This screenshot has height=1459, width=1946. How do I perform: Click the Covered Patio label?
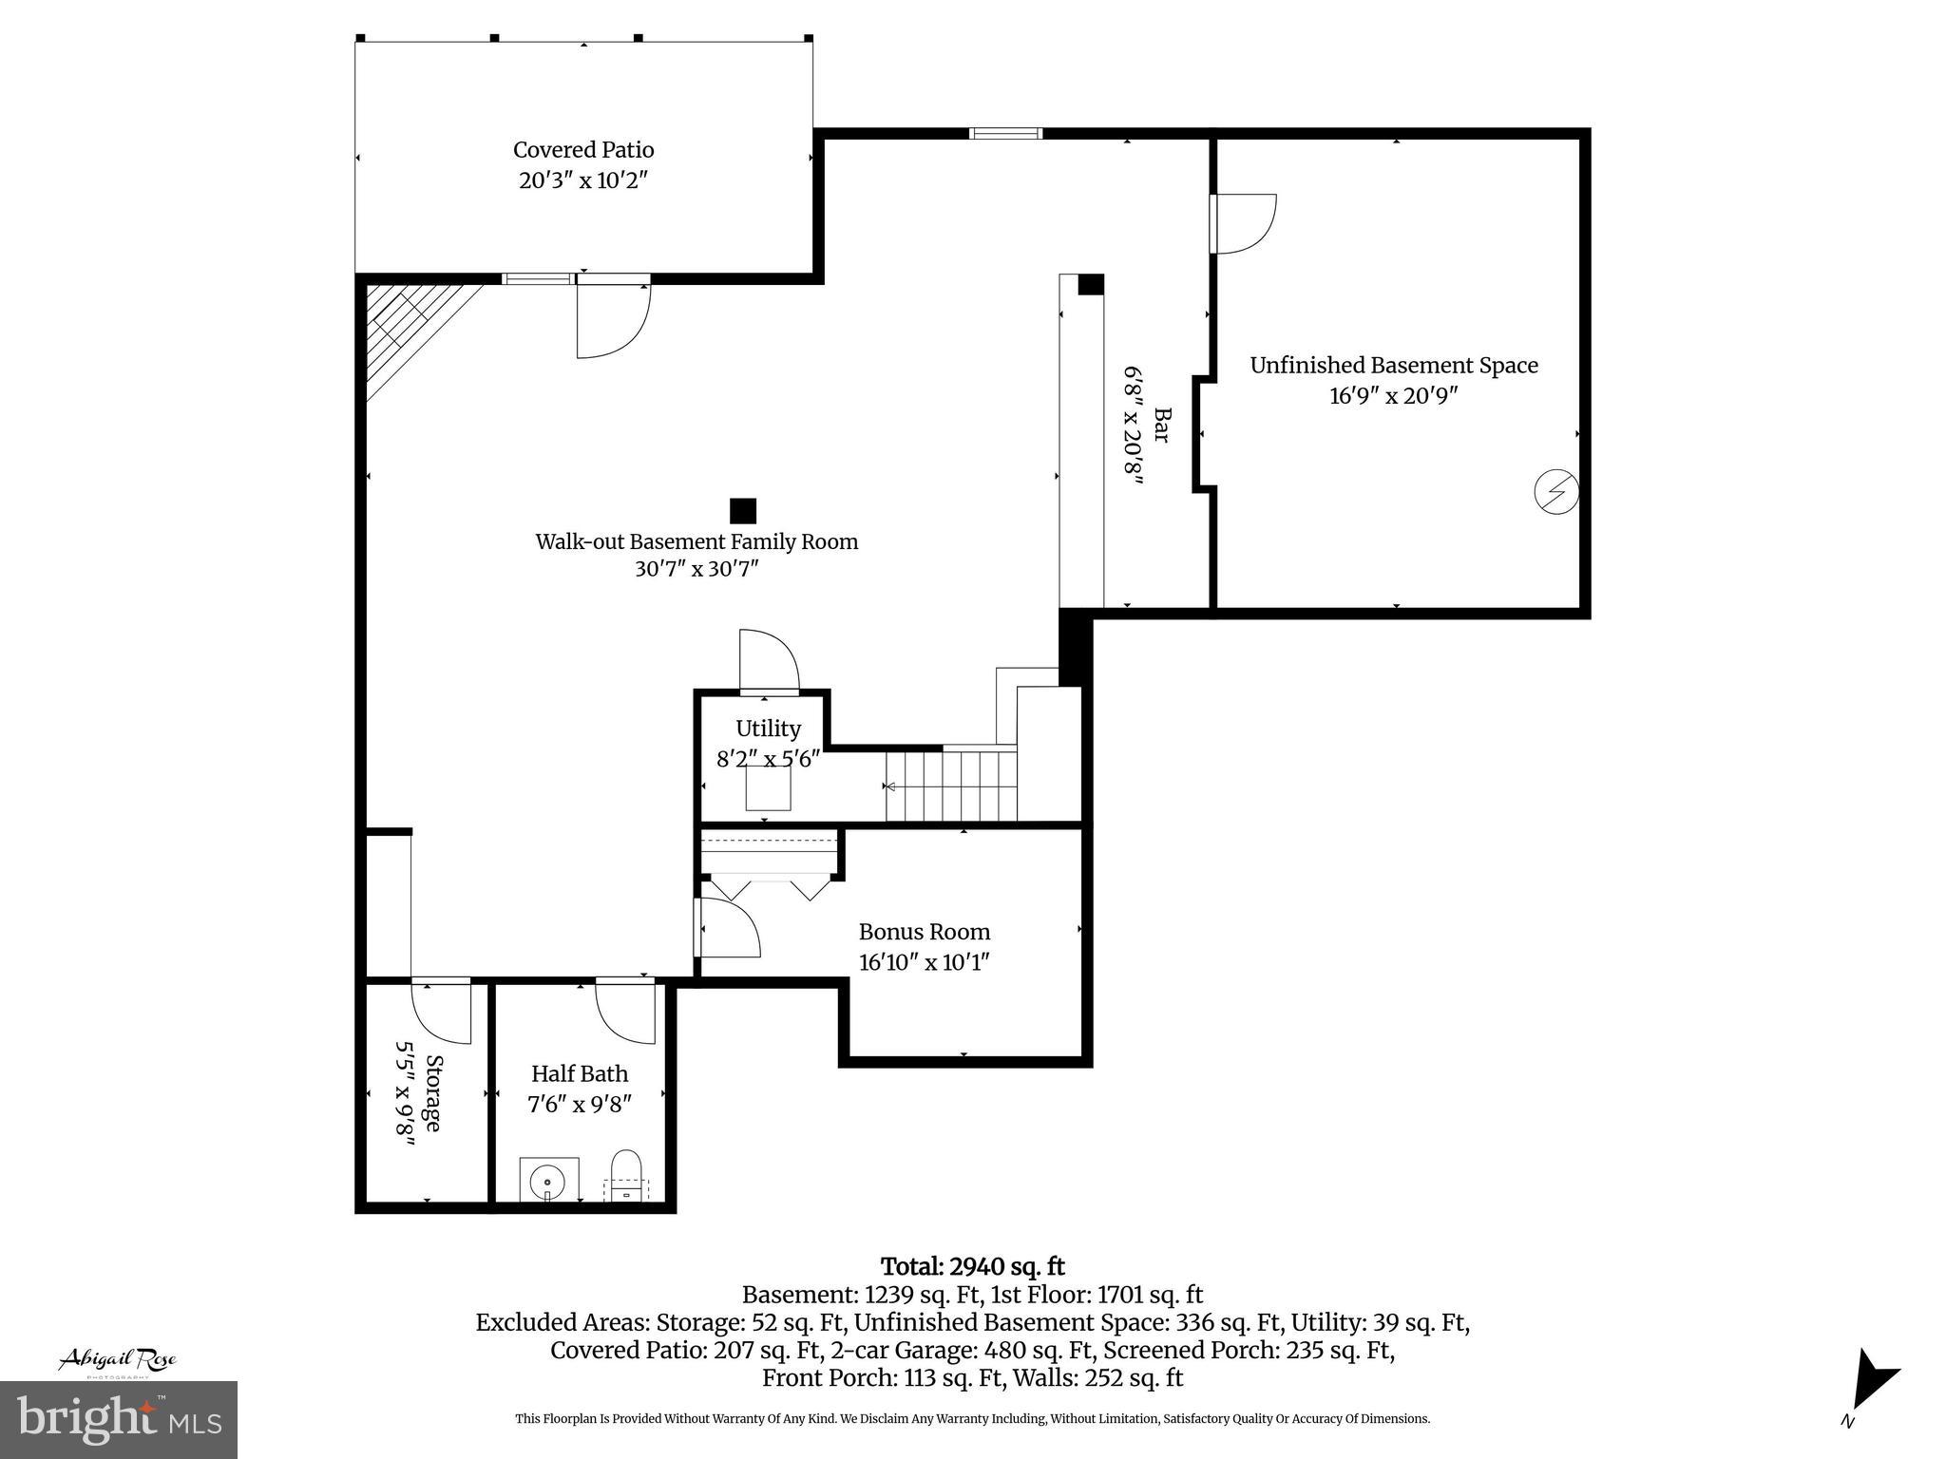(583, 150)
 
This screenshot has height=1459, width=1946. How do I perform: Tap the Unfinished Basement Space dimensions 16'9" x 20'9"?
(1393, 396)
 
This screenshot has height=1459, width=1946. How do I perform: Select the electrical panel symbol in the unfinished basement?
(1556, 492)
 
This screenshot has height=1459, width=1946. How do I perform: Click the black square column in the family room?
(742, 511)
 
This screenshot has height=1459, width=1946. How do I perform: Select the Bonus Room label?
(924, 932)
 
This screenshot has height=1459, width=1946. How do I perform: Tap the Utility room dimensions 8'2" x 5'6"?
(768, 759)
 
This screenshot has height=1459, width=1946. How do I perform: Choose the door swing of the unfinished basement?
(1245, 224)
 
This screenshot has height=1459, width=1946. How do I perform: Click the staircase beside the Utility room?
(951, 786)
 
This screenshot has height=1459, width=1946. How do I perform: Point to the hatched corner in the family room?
(409, 328)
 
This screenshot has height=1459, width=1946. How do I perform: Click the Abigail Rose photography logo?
(118, 1361)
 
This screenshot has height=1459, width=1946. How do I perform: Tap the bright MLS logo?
(119, 1419)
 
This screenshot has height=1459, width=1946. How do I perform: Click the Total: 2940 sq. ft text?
(972, 1267)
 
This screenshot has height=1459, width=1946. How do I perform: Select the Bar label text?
(1161, 425)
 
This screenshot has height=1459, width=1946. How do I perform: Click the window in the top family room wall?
(1005, 134)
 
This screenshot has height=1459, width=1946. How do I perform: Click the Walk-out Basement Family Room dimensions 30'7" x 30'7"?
(696, 569)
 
